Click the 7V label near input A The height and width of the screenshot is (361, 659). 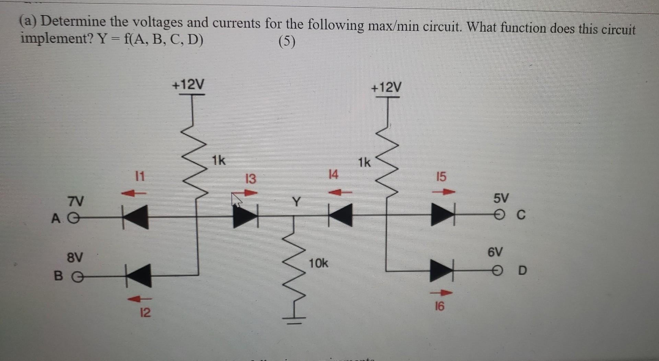click(75, 201)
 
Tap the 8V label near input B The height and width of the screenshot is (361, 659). click(74, 257)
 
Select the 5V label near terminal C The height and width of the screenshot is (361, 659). click(501, 198)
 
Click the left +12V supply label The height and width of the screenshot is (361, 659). click(188, 84)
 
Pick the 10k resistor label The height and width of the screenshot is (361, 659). click(318, 263)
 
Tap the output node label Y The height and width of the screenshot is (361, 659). click(296, 202)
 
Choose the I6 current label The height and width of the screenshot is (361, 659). click(439, 306)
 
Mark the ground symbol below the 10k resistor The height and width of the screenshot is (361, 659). click(294, 321)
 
